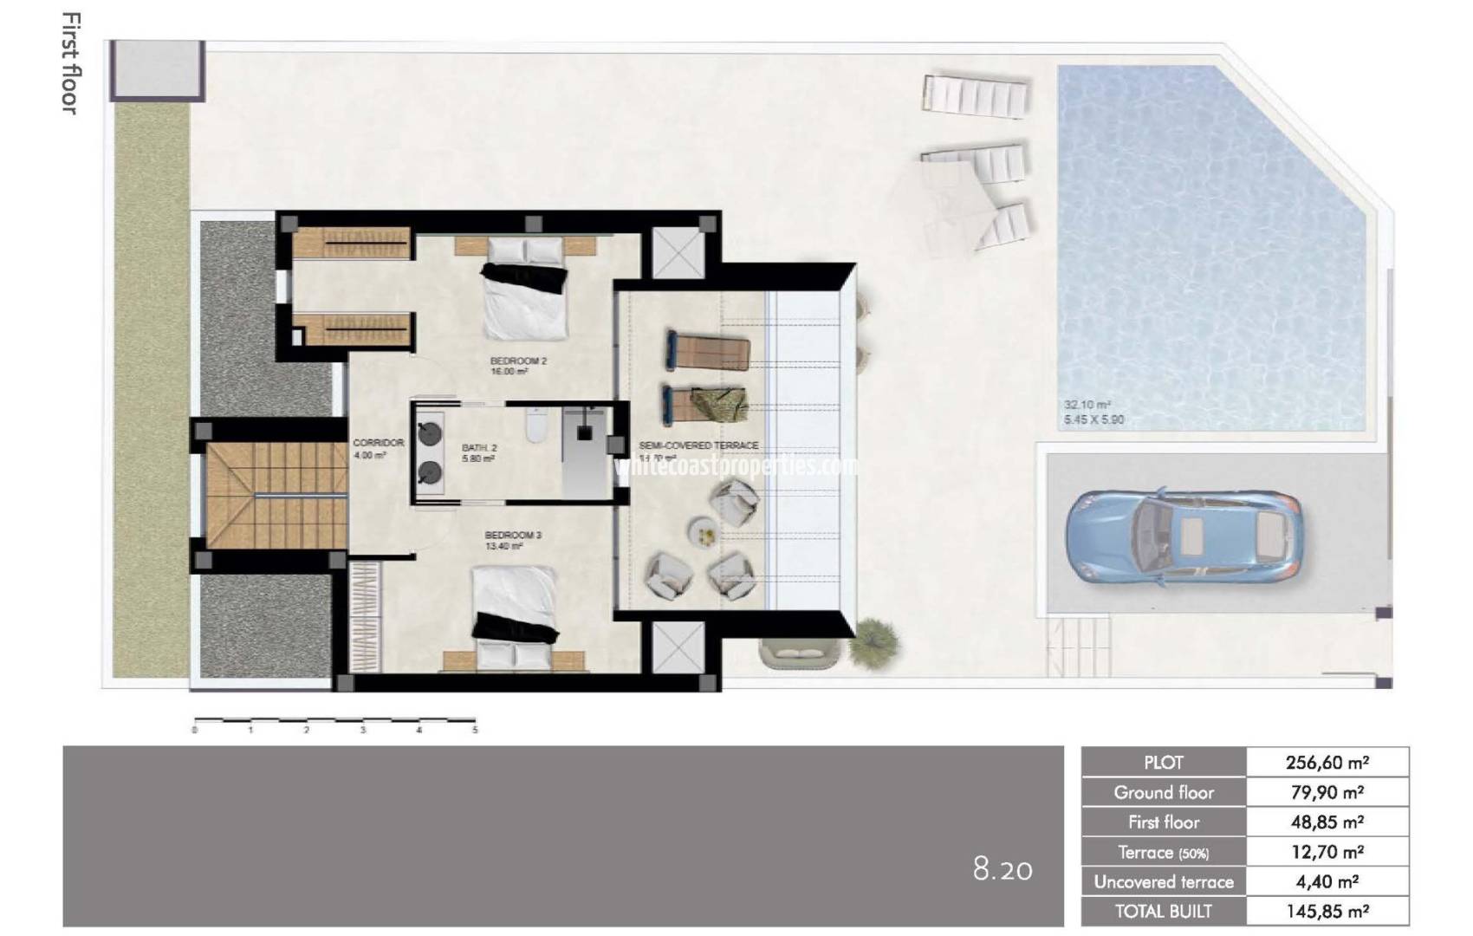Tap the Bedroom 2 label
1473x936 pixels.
[518, 361]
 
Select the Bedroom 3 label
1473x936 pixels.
[513, 536]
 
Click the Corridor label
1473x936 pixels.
[378, 443]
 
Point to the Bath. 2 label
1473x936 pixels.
[479, 448]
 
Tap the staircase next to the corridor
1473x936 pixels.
[276, 495]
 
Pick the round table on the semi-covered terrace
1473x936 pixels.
[704, 531]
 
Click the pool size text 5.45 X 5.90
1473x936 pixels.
[1094, 419]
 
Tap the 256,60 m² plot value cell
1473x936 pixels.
[1327, 763]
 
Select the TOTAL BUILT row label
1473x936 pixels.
[1163, 911]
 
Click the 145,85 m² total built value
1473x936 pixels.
[1327, 911]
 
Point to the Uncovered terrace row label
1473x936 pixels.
[1163, 881]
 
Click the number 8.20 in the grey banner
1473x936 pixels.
[1003, 868]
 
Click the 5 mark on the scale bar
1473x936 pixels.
[475, 730]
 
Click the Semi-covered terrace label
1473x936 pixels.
[698, 445]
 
